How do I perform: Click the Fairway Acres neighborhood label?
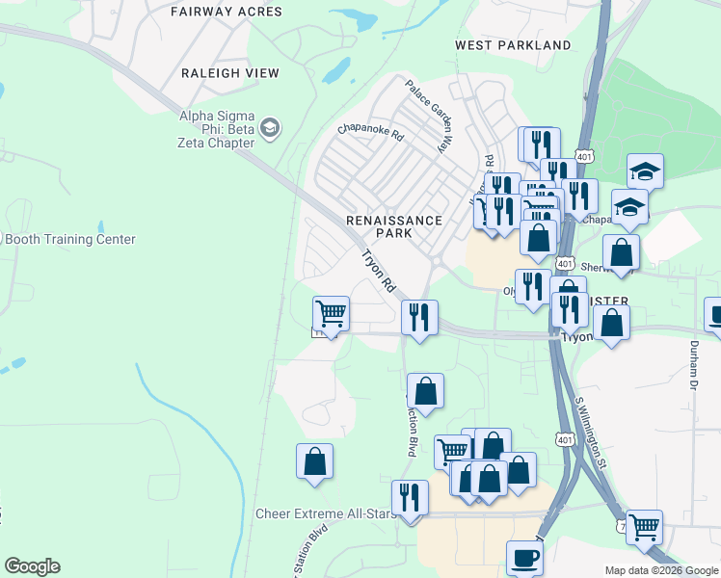227,13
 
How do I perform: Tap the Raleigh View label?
230,73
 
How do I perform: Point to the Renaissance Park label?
394,226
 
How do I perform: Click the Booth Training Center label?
69,240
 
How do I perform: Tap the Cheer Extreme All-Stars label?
326,514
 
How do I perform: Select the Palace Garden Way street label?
428,117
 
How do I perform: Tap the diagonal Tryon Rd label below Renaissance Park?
379,272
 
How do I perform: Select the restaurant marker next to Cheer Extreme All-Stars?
411,498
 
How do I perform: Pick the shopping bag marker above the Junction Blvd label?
425,391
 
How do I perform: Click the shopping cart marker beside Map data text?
644,527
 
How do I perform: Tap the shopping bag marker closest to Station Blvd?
314,461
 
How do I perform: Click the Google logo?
32,566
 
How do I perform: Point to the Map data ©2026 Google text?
661,570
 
